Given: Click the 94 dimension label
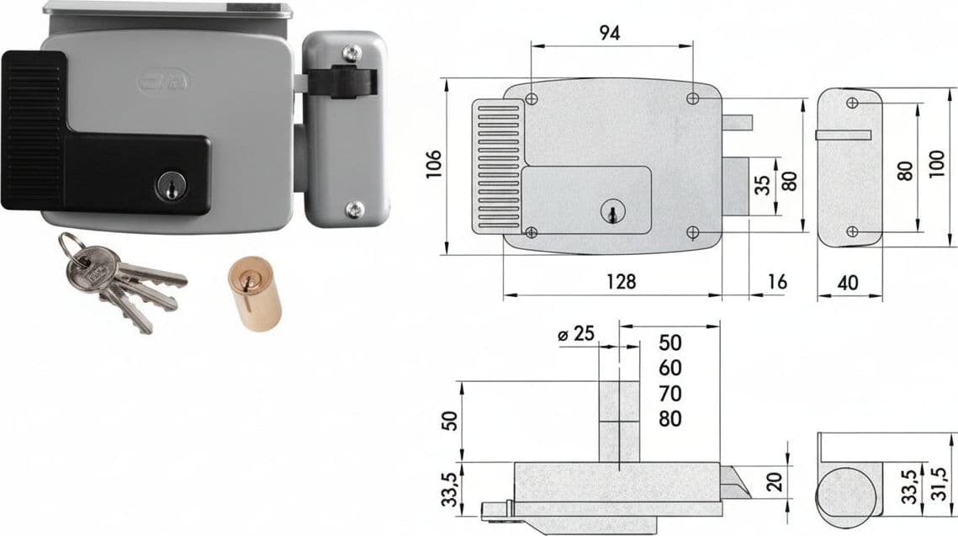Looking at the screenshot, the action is coord(609,33).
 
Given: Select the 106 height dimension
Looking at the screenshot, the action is coord(434,164).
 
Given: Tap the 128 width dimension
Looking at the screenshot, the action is coord(621,281).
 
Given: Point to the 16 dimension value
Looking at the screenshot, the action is coord(776,281).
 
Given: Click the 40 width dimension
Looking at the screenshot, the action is coord(848,283).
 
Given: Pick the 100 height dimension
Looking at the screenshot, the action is coord(937,163).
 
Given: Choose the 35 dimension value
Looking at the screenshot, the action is coord(762,185).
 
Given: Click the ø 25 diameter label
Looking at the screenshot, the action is coord(576,334).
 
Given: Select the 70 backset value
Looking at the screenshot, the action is coord(670,393).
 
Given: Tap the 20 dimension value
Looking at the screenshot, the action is coord(775,481).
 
